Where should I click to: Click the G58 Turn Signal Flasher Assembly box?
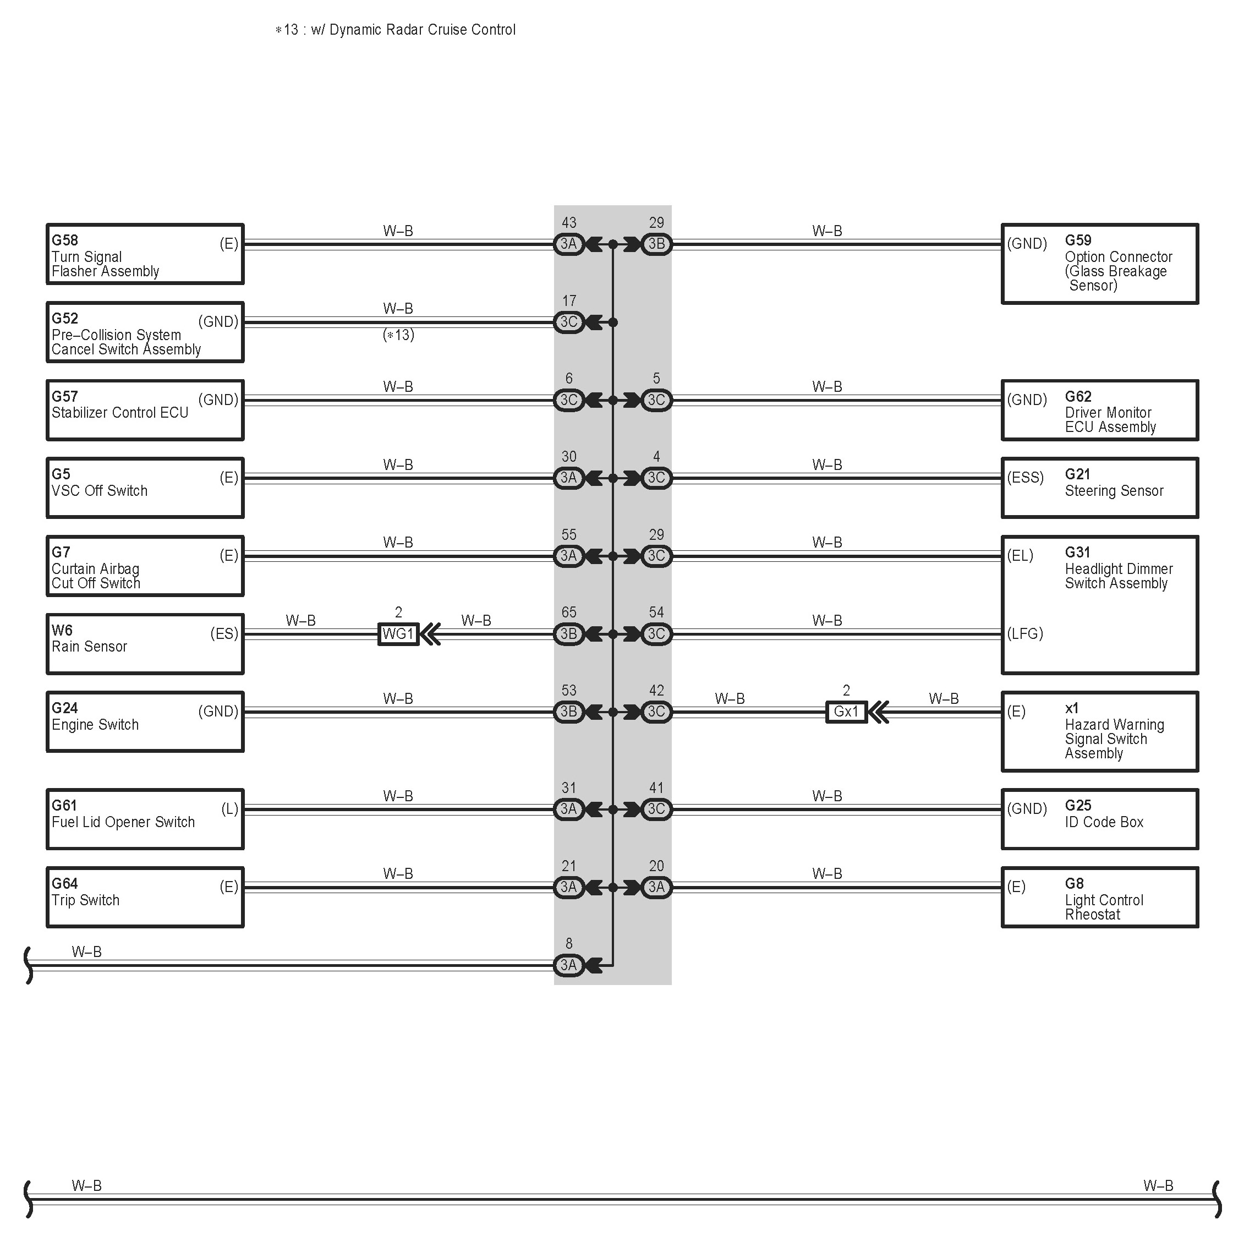[x=145, y=254]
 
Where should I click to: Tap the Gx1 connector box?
[x=846, y=712]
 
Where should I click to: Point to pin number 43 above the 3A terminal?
[x=568, y=223]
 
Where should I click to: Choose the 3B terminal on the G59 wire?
[x=656, y=244]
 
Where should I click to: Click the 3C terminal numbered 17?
[x=568, y=322]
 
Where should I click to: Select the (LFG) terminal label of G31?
[x=1024, y=633]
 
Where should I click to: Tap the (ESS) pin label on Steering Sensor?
[x=1024, y=478]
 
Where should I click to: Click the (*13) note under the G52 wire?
[x=398, y=335]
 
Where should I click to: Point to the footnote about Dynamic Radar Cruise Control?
[x=396, y=30]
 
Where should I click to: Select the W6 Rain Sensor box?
[x=145, y=643]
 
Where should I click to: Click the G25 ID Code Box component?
[x=1099, y=818]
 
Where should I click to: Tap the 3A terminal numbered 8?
[x=568, y=965]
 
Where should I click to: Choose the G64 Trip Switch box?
[x=145, y=896]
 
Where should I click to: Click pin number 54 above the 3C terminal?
[x=656, y=612]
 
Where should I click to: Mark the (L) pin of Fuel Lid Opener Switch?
[x=229, y=809]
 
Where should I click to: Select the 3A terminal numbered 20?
[x=656, y=887]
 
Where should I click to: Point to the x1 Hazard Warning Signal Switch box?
[x=1099, y=731]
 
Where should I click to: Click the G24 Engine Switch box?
[x=145, y=721]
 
